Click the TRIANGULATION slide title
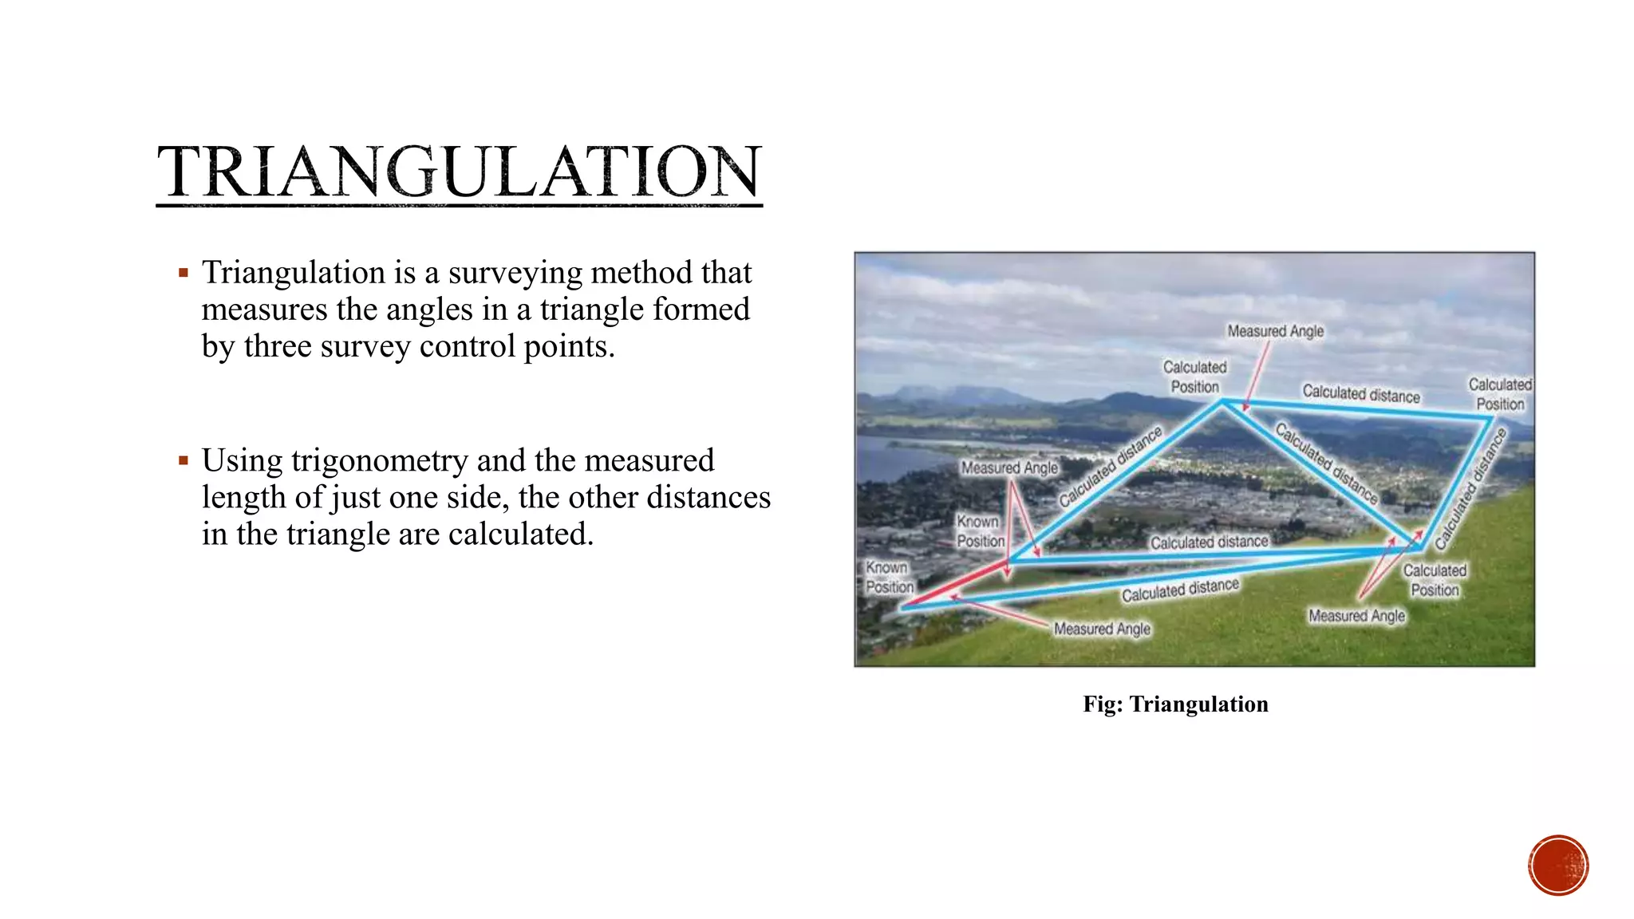coord(459,172)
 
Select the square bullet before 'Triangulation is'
coord(184,273)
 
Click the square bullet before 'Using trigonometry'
coord(184,460)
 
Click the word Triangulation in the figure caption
coord(1198,704)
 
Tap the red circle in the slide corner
coord(1558,866)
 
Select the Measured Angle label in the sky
coord(1275,331)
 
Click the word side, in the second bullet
coord(478,498)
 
